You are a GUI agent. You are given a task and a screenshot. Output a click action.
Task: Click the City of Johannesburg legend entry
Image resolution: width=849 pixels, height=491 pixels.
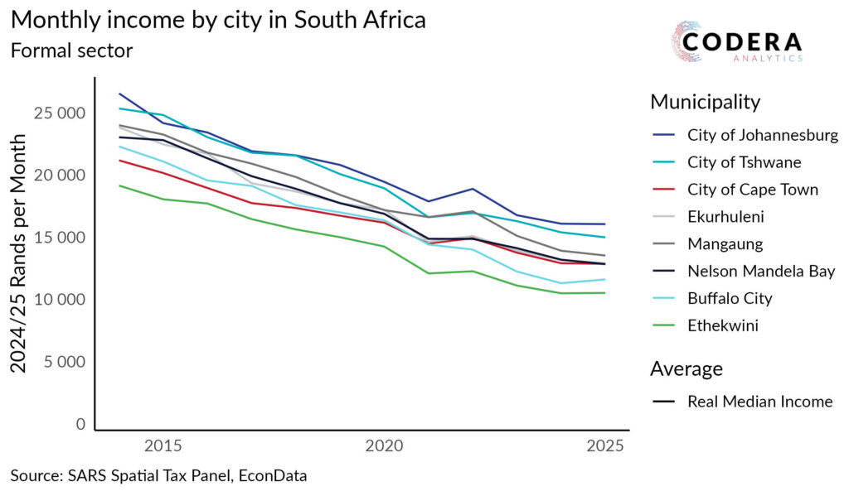[762, 135]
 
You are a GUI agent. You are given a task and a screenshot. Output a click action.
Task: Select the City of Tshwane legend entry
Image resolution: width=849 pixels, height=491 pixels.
[744, 162]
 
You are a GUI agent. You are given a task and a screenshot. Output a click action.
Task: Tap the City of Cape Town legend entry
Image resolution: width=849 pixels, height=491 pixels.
[752, 190]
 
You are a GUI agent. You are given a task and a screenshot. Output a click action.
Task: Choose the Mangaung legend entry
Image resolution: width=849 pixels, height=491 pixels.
[723, 244]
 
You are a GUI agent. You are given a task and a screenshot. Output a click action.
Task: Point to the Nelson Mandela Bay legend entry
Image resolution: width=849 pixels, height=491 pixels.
[760, 271]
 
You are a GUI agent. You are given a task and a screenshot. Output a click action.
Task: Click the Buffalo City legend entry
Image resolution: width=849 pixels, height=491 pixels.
[730, 298]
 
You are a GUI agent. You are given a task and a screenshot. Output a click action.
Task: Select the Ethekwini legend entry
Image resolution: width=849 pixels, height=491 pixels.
[722, 325]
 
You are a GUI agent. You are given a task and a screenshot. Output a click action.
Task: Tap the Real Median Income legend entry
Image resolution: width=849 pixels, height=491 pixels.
[759, 402]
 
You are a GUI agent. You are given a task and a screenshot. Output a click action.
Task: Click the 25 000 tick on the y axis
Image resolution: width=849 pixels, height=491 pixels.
[59, 113]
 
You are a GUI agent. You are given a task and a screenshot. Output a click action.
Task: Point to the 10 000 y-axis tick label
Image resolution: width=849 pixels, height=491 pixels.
[59, 300]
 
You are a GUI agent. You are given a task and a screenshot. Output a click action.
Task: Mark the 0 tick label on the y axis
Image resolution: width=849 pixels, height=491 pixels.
[80, 424]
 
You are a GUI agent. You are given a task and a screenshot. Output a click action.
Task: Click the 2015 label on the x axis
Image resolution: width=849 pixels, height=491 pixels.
[163, 447]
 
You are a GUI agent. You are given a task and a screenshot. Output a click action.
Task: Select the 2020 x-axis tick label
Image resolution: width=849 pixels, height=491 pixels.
[384, 447]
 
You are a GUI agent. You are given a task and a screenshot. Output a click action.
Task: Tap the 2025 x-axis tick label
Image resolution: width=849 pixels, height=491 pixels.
[604, 447]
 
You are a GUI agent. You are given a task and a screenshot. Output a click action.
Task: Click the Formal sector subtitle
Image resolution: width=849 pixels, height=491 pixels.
[71, 51]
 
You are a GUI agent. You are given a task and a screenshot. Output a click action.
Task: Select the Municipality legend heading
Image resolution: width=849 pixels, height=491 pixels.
[705, 102]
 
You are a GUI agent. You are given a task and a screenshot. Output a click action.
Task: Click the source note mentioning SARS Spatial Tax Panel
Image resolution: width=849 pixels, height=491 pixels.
[158, 475]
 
